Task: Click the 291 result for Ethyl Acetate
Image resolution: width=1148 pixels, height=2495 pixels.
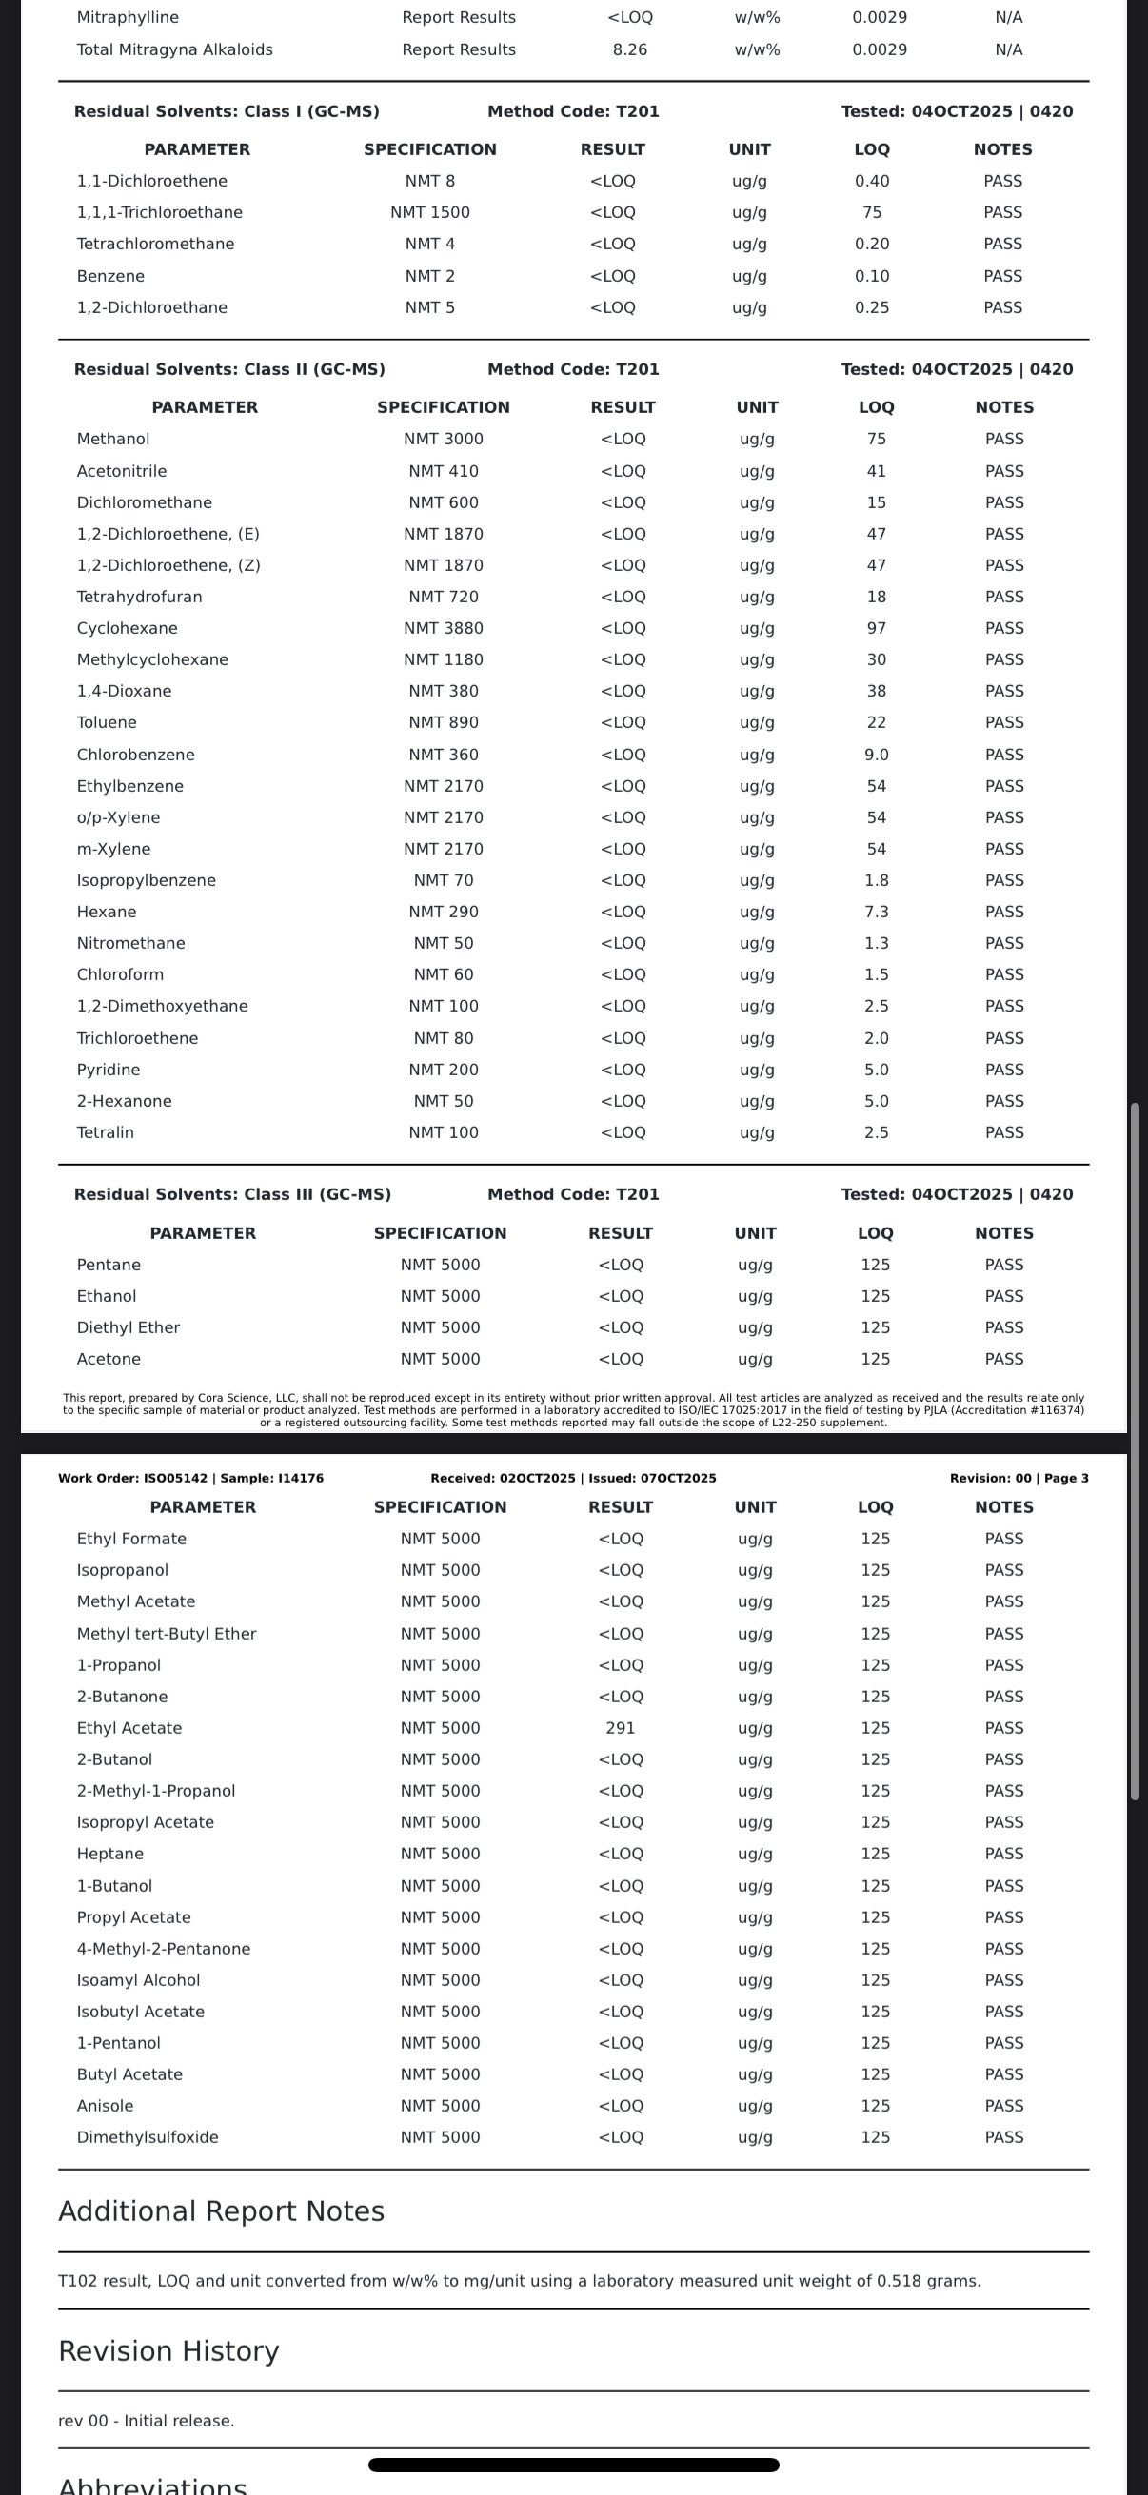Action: (x=620, y=1728)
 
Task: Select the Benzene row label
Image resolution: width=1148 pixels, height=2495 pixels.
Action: (x=110, y=276)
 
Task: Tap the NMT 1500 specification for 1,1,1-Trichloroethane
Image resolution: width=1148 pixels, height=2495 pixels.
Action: (x=430, y=212)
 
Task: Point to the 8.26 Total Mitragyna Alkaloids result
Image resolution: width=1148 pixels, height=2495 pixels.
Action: (x=630, y=49)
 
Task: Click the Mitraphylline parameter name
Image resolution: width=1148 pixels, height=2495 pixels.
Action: (x=128, y=17)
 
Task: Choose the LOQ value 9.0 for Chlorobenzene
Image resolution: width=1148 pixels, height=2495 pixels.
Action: (x=876, y=755)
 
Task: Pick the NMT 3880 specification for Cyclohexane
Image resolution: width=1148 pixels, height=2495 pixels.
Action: (x=443, y=628)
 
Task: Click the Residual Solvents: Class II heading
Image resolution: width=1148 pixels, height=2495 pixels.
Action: (x=229, y=369)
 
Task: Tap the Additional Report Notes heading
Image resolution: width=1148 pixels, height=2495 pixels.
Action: (x=221, y=2211)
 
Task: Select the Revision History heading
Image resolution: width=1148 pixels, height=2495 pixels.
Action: (x=168, y=2350)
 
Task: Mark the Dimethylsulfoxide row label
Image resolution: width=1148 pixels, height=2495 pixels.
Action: (x=148, y=2136)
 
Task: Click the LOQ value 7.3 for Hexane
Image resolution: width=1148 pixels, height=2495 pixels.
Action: (x=876, y=912)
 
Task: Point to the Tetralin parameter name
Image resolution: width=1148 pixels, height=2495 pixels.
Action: (x=106, y=1132)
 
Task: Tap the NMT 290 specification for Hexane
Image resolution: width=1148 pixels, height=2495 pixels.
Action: (x=443, y=912)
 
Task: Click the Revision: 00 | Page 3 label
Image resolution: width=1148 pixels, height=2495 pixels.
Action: (x=1019, y=1478)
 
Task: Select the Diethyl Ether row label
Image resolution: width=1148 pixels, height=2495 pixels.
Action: (x=128, y=1326)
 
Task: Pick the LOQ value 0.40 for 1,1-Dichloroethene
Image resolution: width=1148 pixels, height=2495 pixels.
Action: (x=872, y=181)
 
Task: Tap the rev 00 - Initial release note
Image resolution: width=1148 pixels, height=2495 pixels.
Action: (x=147, y=2421)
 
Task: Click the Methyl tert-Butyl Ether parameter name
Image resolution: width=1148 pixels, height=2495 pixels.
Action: (x=167, y=1633)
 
